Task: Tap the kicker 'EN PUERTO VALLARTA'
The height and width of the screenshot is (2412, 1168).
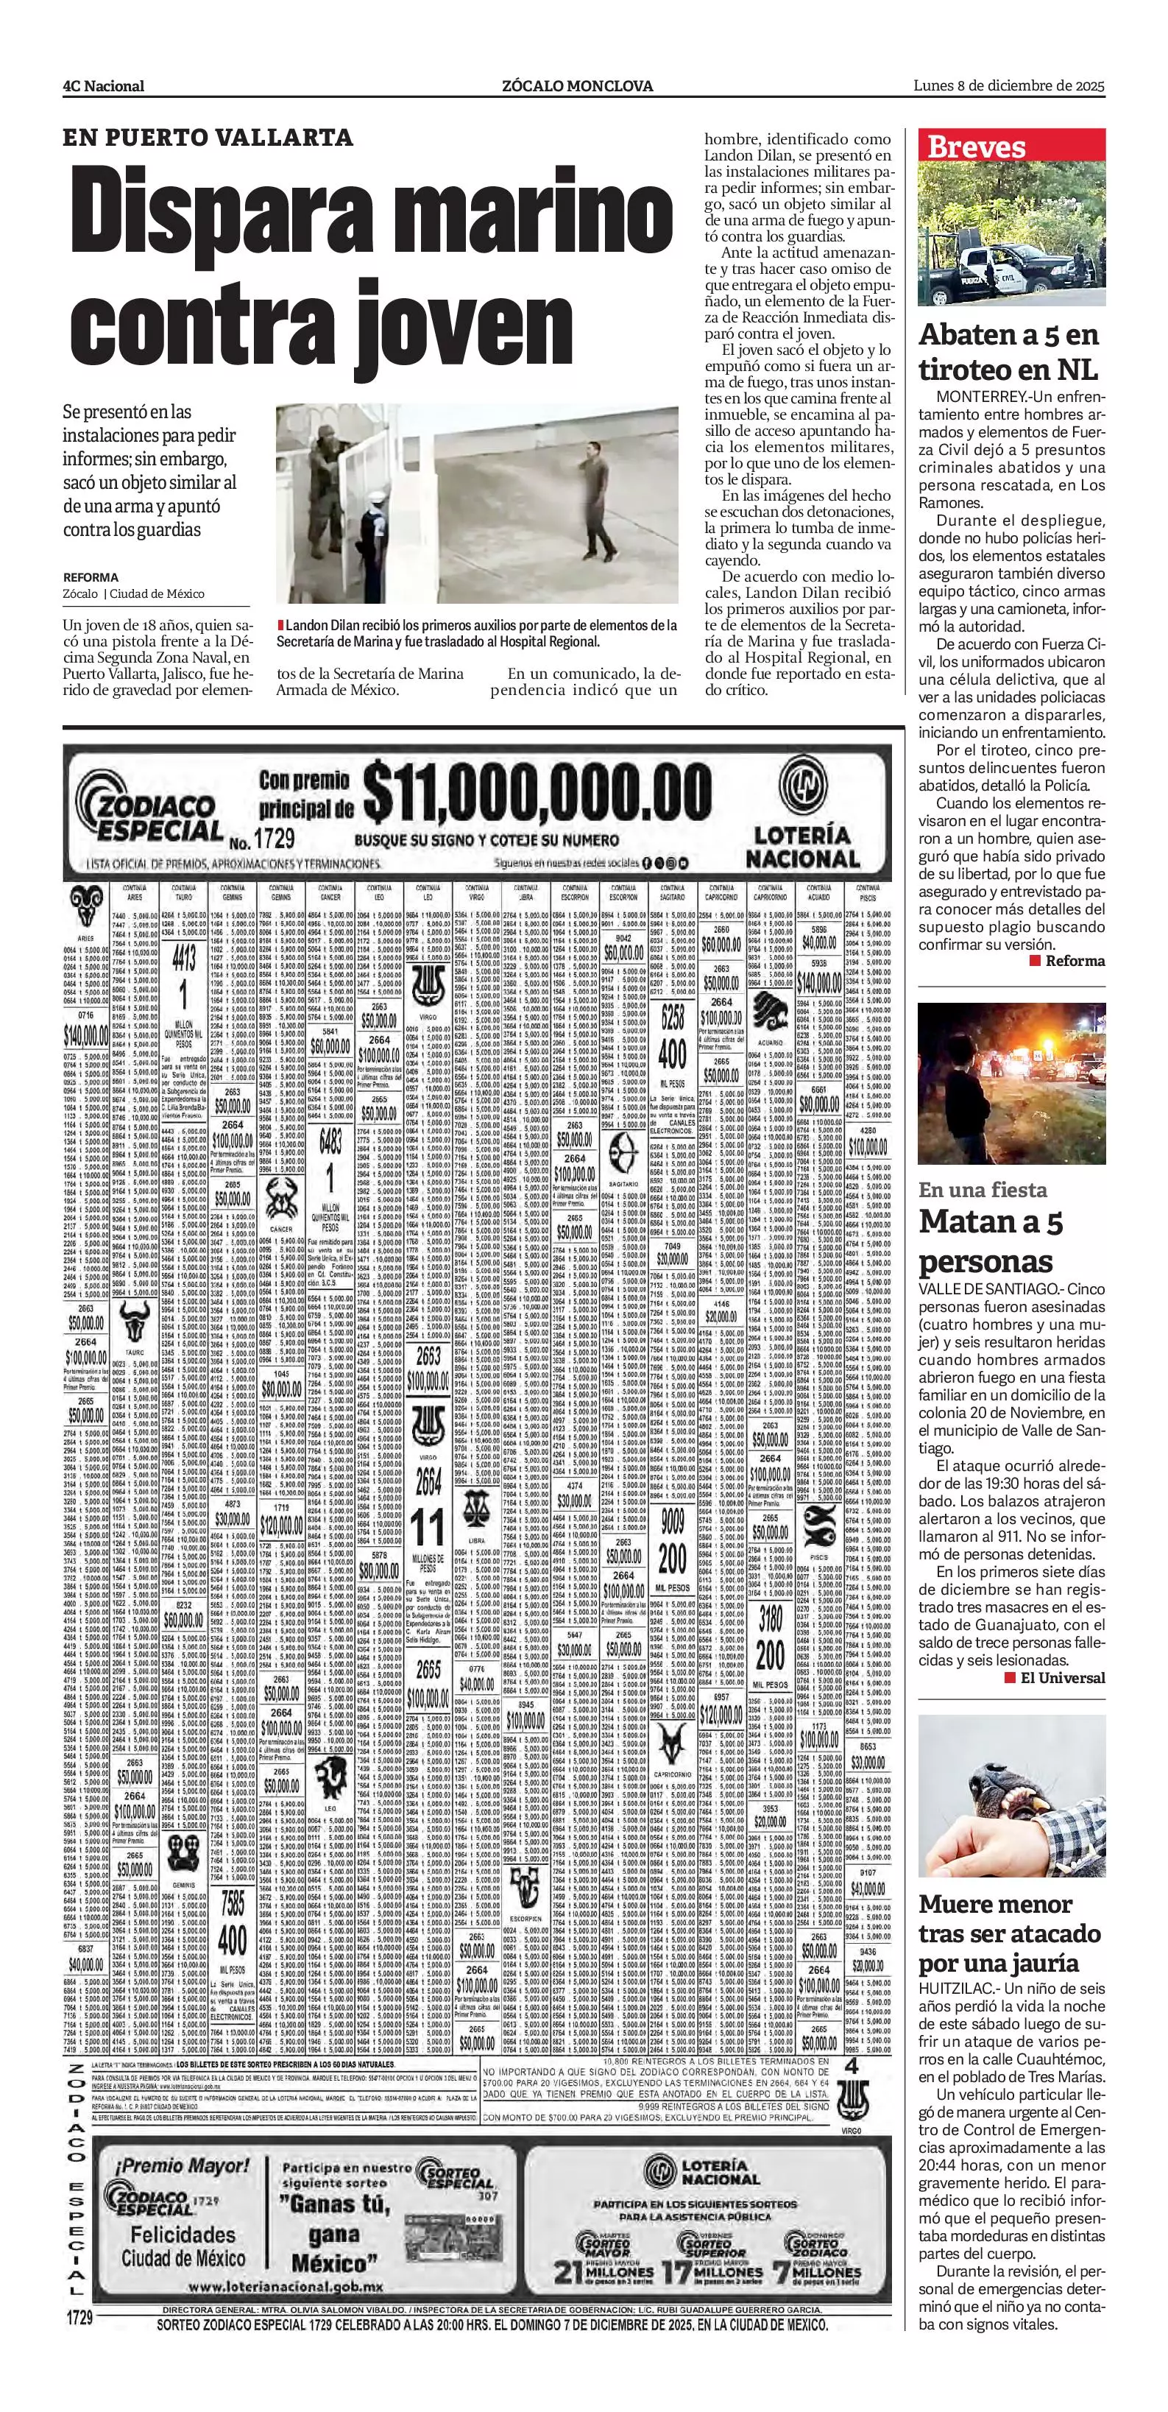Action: click(208, 138)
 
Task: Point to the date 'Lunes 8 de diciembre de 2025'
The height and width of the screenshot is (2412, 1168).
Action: click(1009, 86)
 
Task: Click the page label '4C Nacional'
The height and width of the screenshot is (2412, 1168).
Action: click(104, 86)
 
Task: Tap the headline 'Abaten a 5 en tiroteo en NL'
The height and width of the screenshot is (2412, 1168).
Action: click(1009, 351)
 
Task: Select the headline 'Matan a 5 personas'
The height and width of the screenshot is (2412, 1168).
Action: click(992, 1241)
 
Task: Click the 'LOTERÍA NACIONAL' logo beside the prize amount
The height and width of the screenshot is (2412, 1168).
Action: click(801, 819)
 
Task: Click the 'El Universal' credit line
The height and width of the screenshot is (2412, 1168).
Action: click(1055, 1678)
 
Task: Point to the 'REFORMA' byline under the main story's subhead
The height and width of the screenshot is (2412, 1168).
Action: click(91, 578)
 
